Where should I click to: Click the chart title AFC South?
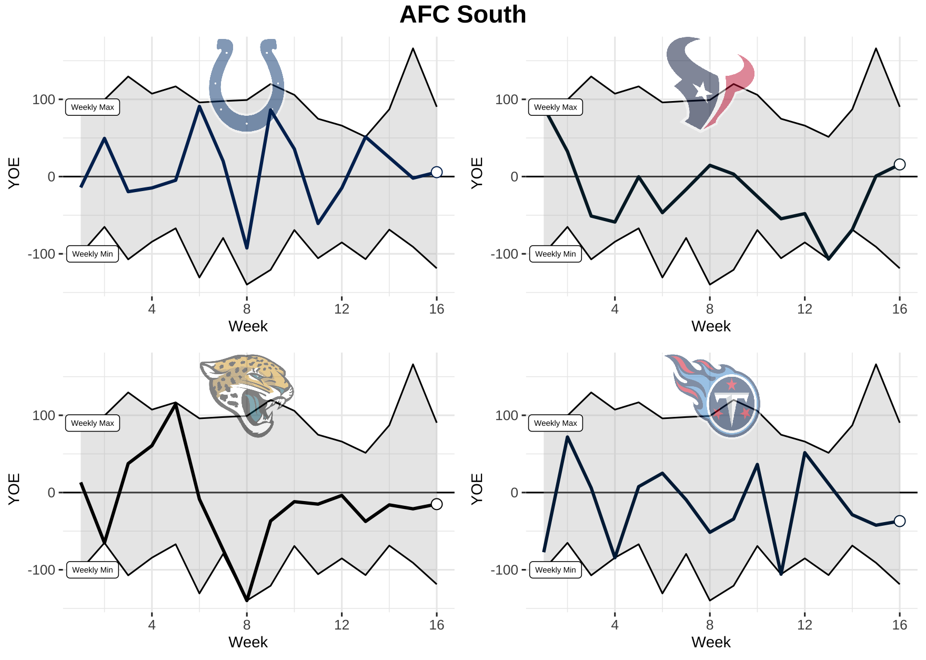click(462, 15)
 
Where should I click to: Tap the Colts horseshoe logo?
click(247, 84)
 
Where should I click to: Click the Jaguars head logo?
click(247, 395)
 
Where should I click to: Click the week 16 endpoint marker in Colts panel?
click(436, 172)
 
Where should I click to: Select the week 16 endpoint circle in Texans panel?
click(900, 165)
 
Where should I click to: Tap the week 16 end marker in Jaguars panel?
click(436, 504)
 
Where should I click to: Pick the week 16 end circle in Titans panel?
click(900, 521)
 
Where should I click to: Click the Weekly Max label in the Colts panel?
click(93, 107)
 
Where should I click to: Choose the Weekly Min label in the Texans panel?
click(555, 254)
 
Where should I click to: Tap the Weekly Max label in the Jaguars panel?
click(93, 423)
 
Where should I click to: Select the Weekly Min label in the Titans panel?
click(555, 570)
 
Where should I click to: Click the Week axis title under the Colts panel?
click(248, 326)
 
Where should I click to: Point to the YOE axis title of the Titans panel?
click(477, 489)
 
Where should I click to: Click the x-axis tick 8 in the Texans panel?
click(710, 309)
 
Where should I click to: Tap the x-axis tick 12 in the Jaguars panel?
click(341, 625)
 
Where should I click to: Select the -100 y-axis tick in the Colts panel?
click(42, 254)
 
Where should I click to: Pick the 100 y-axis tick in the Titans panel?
click(507, 416)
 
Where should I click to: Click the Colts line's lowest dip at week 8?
click(247, 247)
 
